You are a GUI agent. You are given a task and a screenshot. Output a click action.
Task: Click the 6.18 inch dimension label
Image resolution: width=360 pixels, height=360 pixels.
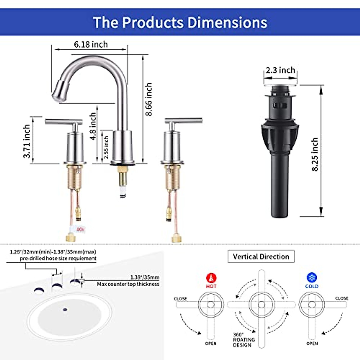(x=91, y=44)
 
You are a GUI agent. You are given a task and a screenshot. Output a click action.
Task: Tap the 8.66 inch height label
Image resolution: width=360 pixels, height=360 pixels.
(x=149, y=99)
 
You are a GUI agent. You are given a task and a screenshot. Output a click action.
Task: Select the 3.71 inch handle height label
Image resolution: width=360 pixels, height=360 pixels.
(x=26, y=141)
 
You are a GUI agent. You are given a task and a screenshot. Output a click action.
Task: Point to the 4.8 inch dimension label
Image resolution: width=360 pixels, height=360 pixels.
(x=93, y=126)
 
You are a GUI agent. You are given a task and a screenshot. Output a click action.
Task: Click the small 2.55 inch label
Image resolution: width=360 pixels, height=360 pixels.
(x=106, y=147)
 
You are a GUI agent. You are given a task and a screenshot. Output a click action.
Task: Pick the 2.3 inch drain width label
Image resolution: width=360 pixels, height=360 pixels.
(x=280, y=70)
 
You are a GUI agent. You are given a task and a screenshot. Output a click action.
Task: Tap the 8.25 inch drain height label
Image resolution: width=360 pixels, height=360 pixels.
(x=315, y=154)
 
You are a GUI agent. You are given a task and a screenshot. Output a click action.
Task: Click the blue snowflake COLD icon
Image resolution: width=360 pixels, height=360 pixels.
(x=312, y=277)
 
